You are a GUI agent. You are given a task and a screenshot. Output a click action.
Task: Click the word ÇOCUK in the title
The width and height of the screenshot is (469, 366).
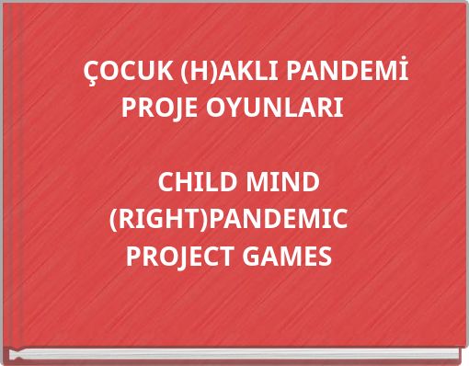[x=125, y=71]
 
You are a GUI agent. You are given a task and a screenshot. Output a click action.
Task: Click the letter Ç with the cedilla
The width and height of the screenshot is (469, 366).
[x=92, y=72]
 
